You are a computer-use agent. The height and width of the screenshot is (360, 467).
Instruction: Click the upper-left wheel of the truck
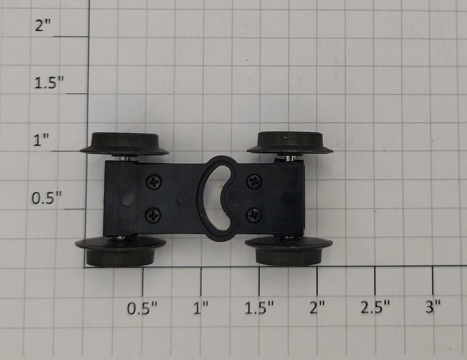point(125,144)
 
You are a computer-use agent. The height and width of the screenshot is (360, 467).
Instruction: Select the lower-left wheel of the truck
point(121,251)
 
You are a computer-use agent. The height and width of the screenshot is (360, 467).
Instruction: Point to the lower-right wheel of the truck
point(289,251)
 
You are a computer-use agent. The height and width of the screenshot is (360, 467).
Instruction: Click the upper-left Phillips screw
point(154,182)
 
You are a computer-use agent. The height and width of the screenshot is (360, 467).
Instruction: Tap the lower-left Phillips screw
point(153,215)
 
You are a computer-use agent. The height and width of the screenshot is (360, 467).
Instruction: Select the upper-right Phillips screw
point(254,182)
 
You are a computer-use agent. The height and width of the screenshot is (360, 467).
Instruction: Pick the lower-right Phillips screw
point(254,216)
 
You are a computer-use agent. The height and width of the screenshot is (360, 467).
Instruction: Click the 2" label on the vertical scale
point(43,25)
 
